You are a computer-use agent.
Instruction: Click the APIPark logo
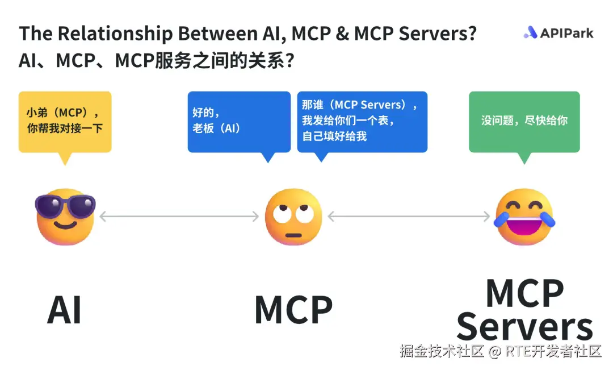559,33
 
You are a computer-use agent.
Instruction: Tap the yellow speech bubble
65,122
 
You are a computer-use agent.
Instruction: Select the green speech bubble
524,122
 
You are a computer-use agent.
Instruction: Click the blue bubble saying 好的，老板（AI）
239,122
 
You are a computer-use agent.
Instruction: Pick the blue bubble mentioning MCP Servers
362,122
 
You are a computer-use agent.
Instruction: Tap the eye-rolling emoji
293,217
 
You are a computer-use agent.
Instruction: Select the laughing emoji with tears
524,217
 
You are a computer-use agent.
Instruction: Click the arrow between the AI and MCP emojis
179,216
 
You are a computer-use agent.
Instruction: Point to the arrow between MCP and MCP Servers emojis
409,216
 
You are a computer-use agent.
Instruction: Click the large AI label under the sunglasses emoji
64,310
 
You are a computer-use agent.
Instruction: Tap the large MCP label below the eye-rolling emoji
293,310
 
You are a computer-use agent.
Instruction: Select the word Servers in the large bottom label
524,327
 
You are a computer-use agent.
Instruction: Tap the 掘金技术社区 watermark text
442,351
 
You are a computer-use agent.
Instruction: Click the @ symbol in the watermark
495,351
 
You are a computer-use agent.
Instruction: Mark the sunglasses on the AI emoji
65,205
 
